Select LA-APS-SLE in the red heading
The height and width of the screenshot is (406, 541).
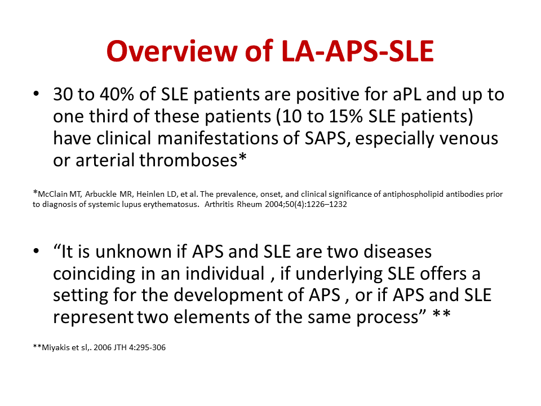[358, 51]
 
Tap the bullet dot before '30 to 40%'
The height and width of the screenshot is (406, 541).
[37, 95]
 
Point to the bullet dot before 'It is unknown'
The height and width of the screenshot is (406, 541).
[37, 251]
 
